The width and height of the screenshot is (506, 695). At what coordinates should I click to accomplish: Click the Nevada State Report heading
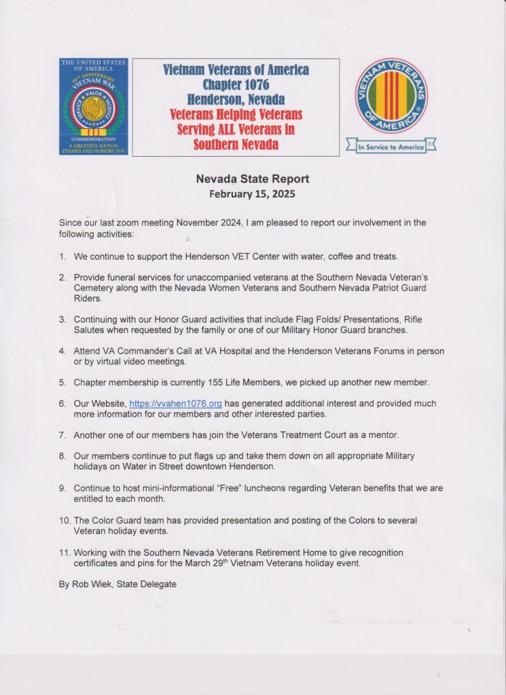click(x=253, y=179)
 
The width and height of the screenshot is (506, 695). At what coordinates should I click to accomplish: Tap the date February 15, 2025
click(x=253, y=193)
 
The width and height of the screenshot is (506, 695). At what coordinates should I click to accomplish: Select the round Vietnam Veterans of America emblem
click(x=391, y=96)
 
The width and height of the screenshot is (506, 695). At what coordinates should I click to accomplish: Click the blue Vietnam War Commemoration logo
click(x=93, y=107)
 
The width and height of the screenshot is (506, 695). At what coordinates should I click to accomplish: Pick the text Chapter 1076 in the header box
click(x=236, y=85)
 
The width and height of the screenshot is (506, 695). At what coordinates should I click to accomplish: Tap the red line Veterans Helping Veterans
click(x=236, y=114)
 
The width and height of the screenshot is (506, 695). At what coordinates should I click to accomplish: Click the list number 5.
click(x=62, y=382)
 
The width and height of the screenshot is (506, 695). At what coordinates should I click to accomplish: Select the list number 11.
click(x=63, y=553)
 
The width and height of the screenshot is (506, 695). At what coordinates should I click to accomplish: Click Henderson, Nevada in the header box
click(x=236, y=99)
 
